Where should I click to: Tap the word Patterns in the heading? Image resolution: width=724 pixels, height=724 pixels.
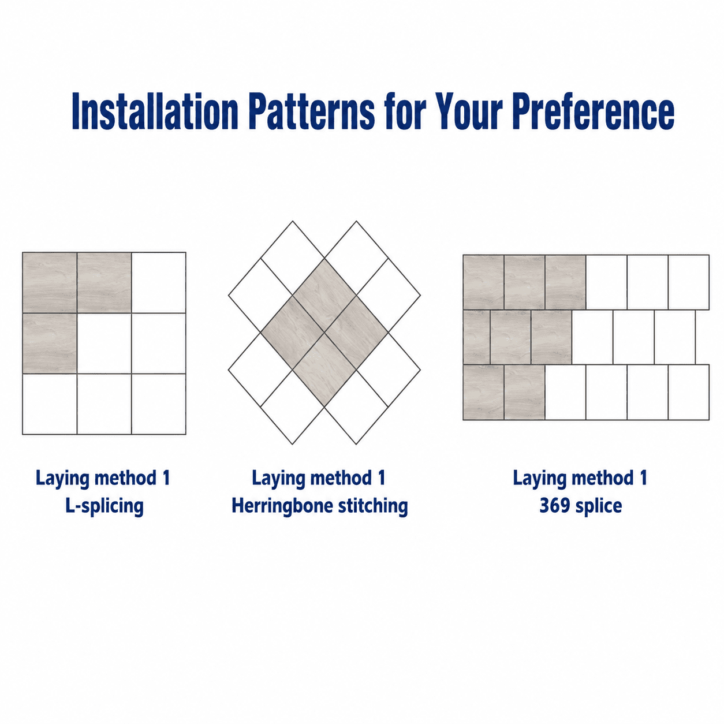pos(311,111)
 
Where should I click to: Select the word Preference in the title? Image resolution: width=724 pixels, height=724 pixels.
pos(594,111)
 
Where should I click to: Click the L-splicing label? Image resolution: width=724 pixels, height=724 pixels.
pos(105,506)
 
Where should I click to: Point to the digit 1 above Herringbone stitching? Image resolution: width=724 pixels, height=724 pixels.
pos(382,477)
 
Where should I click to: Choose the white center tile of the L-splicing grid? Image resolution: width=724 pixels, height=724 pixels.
pos(104,343)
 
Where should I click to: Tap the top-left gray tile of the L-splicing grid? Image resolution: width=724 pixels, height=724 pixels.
pos(50,282)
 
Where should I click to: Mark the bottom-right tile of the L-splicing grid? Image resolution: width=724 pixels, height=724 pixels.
pos(159,404)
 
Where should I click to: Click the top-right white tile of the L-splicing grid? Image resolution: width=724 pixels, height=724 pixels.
pos(159,282)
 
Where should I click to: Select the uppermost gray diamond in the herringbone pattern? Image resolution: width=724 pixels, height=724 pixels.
pos(324,295)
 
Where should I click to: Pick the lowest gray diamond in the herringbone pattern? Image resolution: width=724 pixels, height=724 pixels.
pos(324,370)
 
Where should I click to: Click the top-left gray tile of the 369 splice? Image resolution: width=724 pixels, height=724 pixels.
pos(483,282)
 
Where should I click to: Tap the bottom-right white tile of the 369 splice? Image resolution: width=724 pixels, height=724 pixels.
pos(689,392)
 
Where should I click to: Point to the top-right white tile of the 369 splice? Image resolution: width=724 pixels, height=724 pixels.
pos(689,282)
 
